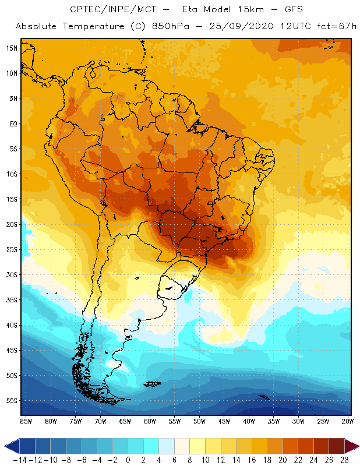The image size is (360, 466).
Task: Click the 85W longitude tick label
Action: pos(26,421)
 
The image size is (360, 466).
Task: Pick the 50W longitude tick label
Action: pos(200,421)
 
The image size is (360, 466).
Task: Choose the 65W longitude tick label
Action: pos(125,421)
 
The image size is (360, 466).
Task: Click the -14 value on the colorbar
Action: pos(19,460)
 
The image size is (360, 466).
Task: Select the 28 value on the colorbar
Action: pos(345,460)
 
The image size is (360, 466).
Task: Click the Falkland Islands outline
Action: pos(153,383)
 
